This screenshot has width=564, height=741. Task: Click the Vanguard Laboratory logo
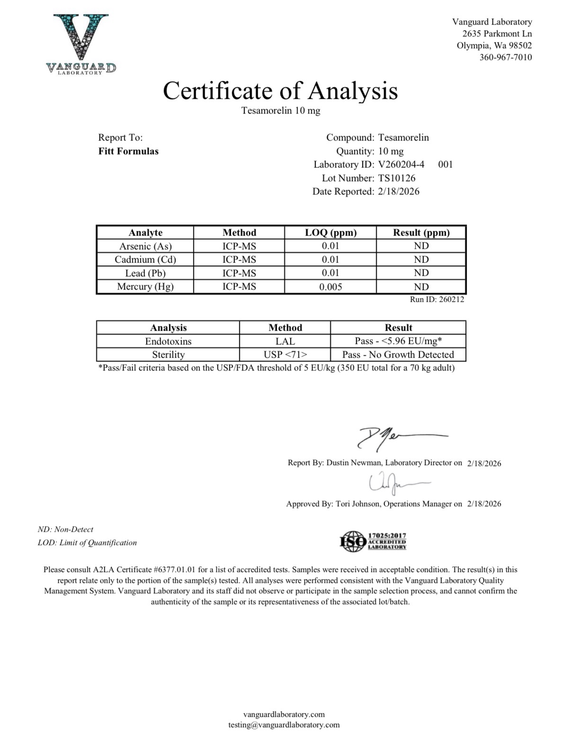click(x=81, y=44)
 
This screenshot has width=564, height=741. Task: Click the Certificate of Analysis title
click(x=280, y=90)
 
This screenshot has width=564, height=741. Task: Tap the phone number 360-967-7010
click(x=506, y=57)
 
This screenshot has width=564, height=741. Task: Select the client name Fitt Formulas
click(x=128, y=151)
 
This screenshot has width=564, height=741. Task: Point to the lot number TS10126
click(x=397, y=178)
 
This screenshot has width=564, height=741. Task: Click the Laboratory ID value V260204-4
click(x=401, y=165)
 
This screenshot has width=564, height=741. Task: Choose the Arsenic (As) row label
click(x=145, y=246)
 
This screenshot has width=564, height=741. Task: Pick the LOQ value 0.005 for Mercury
click(x=331, y=287)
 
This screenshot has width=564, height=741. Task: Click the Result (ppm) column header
click(x=421, y=232)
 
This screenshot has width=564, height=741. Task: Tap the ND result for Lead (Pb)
click(x=421, y=273)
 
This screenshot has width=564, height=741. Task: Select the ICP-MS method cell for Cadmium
click(x=239, y=260)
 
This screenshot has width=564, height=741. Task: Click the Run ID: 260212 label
click(x=437, y=300)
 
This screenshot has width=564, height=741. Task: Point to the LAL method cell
click(x=285, y=341)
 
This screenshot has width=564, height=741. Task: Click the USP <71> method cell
click(x=285, y=355)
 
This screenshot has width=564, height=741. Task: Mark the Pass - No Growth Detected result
click(x=398, y=355)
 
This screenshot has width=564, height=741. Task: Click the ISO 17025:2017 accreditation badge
click(x=374, y=541)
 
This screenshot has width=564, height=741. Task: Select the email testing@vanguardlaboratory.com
click(x=284, y=725)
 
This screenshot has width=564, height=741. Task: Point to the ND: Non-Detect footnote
click(x=65, y=529)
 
